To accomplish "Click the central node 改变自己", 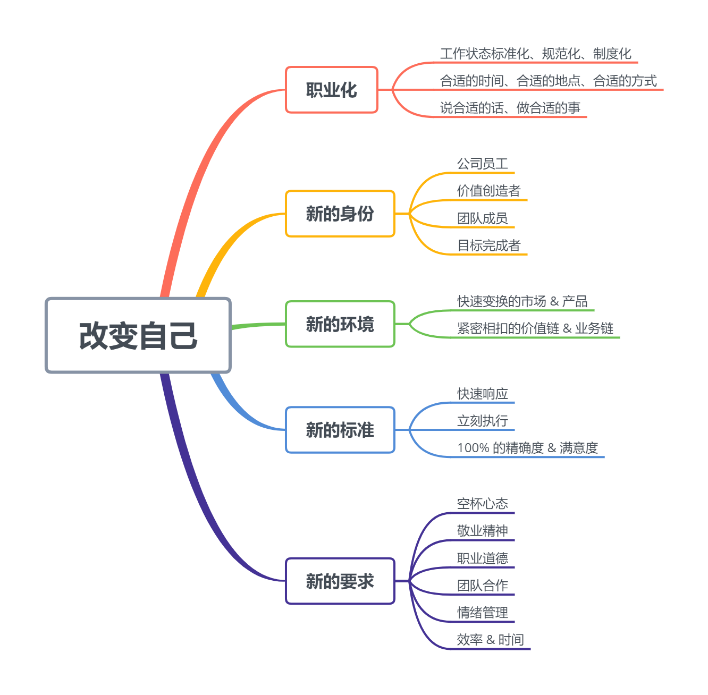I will tap(138, 335).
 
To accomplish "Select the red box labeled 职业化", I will tap(331, 90).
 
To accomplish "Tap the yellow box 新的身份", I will tap(340, 214).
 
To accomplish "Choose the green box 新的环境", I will tap(340, 324).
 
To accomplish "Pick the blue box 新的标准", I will tap(340, 430).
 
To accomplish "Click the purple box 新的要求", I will tap(340, 581).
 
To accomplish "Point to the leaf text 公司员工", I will tap(482, 164).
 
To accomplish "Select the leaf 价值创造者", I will tap(488, 191).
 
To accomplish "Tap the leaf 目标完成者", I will tap(488, 245).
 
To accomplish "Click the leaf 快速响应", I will tap(482, 394).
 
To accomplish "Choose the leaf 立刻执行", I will tap(482, 421).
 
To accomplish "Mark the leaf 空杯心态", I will tap(482, 504).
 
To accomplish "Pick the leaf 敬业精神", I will tap(482, 531).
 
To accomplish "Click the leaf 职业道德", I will tap(482, 558).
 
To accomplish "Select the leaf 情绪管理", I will tap(482, 613).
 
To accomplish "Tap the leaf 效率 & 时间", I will tap(490, 640).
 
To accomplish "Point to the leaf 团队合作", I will tap(482, 586).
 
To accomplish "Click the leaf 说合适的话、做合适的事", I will tap(510, 108).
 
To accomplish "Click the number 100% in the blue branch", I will tap(473, 448).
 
